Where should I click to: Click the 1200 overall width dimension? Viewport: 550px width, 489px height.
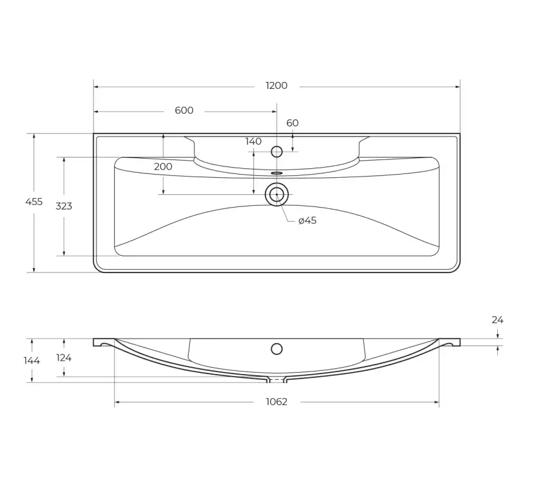276,86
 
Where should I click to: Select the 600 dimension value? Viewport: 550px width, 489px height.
184,111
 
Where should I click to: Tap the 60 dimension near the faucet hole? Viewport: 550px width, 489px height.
292,123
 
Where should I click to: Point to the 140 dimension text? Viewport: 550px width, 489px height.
253,142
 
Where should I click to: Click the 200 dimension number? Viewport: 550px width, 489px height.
163,167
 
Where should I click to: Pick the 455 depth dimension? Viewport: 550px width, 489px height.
34,202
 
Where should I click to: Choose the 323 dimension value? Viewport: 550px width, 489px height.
64,206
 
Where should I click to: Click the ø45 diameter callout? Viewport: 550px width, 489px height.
307,220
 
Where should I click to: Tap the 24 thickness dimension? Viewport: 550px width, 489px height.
497,320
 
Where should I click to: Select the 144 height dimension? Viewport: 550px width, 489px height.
32,361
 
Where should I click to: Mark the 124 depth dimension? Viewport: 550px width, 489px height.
64,358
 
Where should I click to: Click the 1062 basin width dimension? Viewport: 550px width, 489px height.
276,402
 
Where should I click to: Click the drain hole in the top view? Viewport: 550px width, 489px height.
277,194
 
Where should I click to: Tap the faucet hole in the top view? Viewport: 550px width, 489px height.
277,152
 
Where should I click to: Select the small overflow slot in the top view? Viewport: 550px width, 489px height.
277,172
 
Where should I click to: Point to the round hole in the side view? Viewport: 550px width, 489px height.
277,349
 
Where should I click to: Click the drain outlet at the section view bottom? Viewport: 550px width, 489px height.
276,380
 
